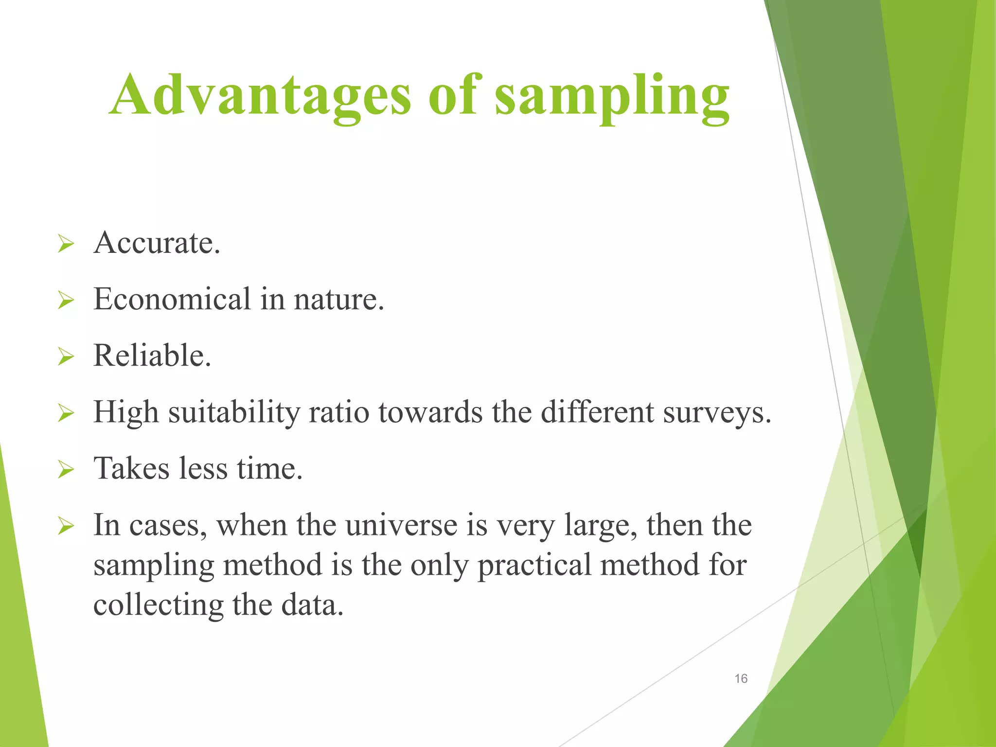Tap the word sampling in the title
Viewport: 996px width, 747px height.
(612, 97)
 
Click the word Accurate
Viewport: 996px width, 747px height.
(157, 243)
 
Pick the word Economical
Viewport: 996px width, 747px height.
(172, 299)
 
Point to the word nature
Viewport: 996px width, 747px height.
(338, 300)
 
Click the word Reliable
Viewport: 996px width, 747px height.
(152, 356)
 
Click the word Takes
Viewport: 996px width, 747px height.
(131, 469)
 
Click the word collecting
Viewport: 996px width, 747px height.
(158, 605)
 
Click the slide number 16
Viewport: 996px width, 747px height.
(741, 678)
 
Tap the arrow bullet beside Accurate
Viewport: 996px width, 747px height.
(66, 244)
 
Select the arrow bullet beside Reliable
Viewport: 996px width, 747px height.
(66, 356)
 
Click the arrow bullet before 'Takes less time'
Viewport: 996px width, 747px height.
(66, 470)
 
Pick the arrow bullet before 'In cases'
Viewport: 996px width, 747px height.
(66, 526)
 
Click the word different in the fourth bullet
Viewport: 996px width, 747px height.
(597, 412)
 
